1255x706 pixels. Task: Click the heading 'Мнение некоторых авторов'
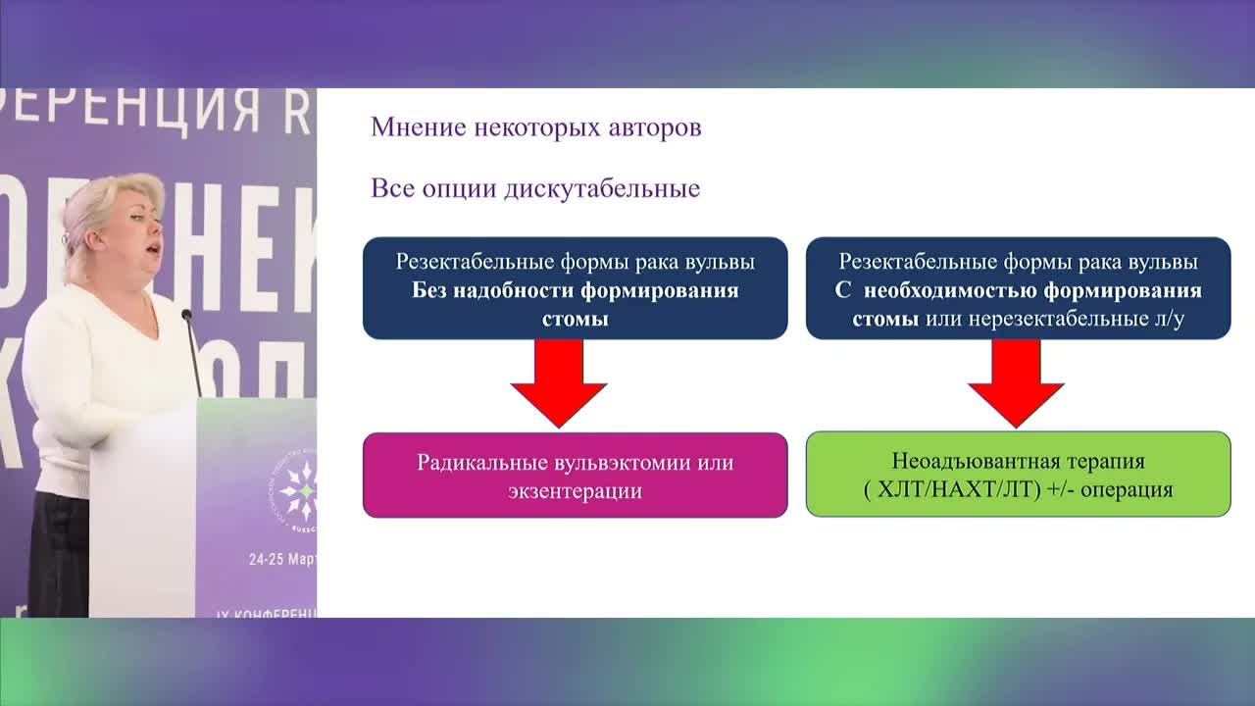pos(535,128)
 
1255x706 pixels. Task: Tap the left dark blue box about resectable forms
pos(575,288)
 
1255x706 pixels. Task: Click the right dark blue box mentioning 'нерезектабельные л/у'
pos(1018,288)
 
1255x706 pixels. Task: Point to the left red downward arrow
pos(559,382)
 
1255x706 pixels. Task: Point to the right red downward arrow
pos(1016,382)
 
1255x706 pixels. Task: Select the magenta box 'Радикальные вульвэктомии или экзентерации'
pos(575,475)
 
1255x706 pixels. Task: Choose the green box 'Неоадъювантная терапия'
pos(1018,475)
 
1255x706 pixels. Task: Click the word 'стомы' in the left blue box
pos(575,320)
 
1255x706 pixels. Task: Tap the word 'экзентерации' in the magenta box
pos(575,490)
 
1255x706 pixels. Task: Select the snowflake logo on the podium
pos(298,489)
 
